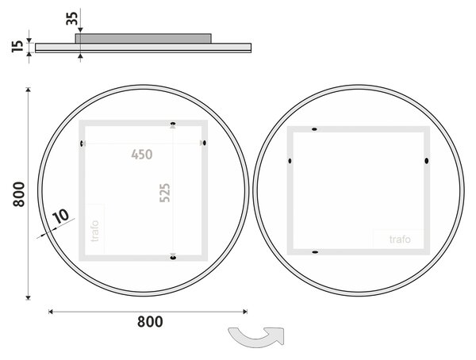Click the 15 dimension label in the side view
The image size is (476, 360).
tap(17, 46)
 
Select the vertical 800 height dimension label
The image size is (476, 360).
tap(19, 194)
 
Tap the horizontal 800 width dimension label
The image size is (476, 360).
tap(150, 322)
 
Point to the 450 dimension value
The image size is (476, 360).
tap(142, 155)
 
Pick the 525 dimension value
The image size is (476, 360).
tap(165, 193)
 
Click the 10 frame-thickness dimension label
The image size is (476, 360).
tap(61, 216)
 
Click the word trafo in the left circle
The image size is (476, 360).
tap(95, 231)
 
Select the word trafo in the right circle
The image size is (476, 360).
tap(400, 239)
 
